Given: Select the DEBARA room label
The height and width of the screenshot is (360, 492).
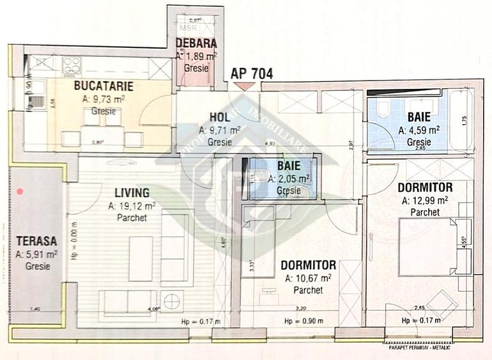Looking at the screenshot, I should [196, 44].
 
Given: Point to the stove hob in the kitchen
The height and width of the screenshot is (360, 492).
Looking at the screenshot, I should [71, 65].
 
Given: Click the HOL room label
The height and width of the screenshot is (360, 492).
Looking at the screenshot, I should [219, 117].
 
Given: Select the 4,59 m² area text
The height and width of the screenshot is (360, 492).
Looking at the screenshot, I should [419, 129].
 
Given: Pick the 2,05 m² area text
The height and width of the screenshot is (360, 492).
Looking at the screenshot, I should [289, 179].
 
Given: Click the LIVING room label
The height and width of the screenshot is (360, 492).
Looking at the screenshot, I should [132, 192].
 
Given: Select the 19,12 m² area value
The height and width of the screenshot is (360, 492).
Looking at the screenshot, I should [132, 206].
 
